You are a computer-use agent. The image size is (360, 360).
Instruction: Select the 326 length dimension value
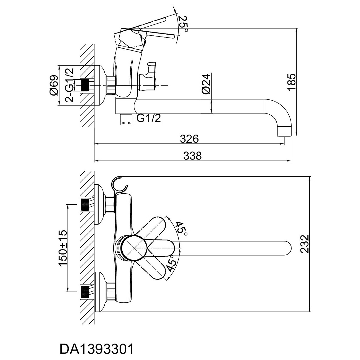189,139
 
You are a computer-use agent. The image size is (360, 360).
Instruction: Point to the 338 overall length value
192,156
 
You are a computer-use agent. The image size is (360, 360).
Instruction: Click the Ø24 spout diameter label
206,84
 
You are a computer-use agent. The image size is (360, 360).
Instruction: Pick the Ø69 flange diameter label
54,86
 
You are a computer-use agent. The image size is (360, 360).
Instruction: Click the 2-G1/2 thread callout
69,85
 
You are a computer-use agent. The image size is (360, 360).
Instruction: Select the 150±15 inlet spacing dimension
63,248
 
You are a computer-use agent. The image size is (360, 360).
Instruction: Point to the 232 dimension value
305,244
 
